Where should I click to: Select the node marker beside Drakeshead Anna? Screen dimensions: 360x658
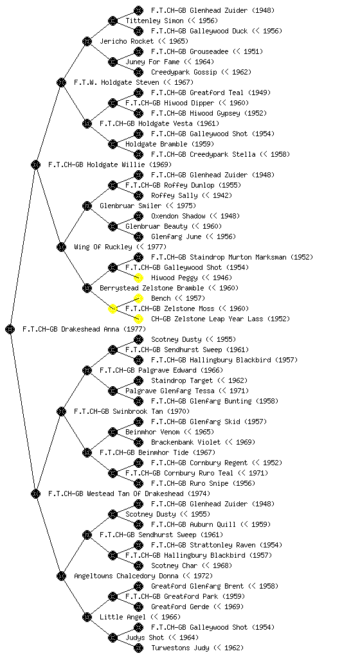point(10,329)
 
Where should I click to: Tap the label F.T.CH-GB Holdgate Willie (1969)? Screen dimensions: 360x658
point(110,164)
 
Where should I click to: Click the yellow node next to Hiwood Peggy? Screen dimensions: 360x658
point(138,278)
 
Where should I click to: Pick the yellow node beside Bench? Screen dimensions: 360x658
point(138,298)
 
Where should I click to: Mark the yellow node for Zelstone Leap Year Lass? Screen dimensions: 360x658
point(138,319)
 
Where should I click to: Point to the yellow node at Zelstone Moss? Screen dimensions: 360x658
point(113,308)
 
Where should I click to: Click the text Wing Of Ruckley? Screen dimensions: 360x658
point(103,247)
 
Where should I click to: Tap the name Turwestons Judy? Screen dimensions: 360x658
point(180,648)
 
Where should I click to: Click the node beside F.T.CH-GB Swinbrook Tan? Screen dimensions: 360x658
point(61,411)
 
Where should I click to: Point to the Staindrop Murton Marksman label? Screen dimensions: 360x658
point(232,257)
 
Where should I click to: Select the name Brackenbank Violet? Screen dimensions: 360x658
point(186,442)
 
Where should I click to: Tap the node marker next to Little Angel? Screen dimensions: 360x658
point(87,617)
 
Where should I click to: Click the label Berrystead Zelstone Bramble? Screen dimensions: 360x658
point(152,288)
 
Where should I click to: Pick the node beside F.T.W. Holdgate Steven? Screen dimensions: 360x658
point(61,82)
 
